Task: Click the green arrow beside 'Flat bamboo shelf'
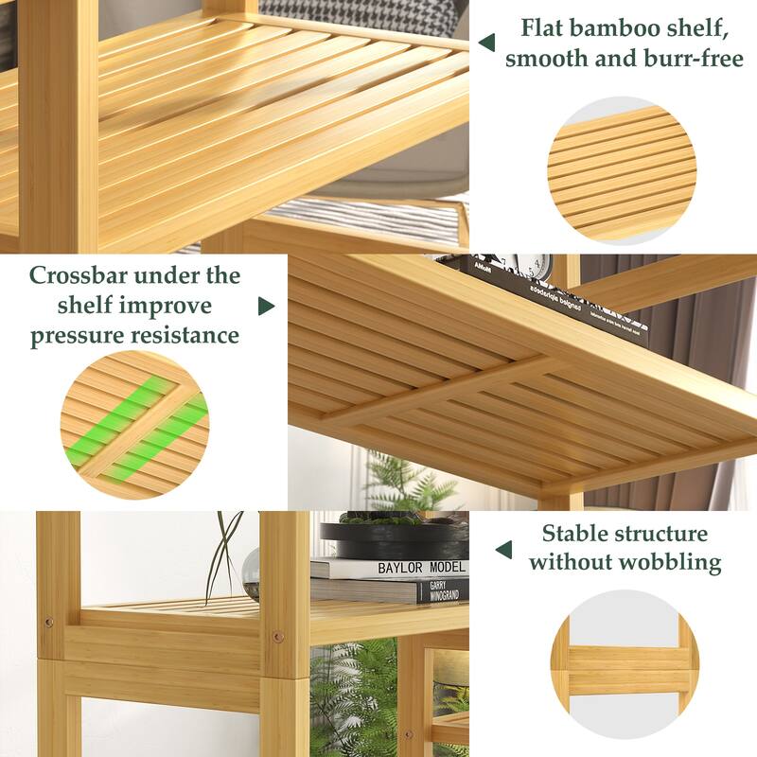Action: click(486, 43)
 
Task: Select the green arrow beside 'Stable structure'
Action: click(504, 550)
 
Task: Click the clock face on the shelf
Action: click(536, 265)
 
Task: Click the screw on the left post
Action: click(48, 624)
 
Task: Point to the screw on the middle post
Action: click(277, 635)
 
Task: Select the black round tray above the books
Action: click(394, 539)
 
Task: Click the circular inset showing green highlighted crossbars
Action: click(134, 424)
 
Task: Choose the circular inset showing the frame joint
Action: click(624, 663)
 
